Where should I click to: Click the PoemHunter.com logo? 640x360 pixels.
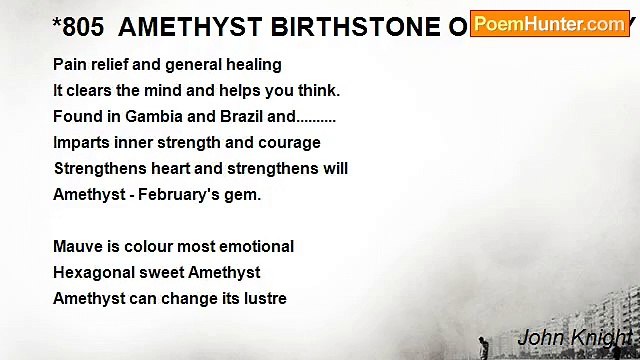549,24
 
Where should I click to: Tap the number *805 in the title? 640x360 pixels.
78,28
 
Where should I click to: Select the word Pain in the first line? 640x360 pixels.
69,64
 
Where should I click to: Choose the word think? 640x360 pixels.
317,90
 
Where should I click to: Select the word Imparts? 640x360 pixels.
81,142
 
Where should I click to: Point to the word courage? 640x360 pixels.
290,142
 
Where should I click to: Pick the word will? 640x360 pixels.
334,168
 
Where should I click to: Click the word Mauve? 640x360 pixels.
76,246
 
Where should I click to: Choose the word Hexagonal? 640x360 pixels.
93,272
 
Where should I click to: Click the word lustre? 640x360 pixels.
263,298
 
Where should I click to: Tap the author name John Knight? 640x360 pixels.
574,337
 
